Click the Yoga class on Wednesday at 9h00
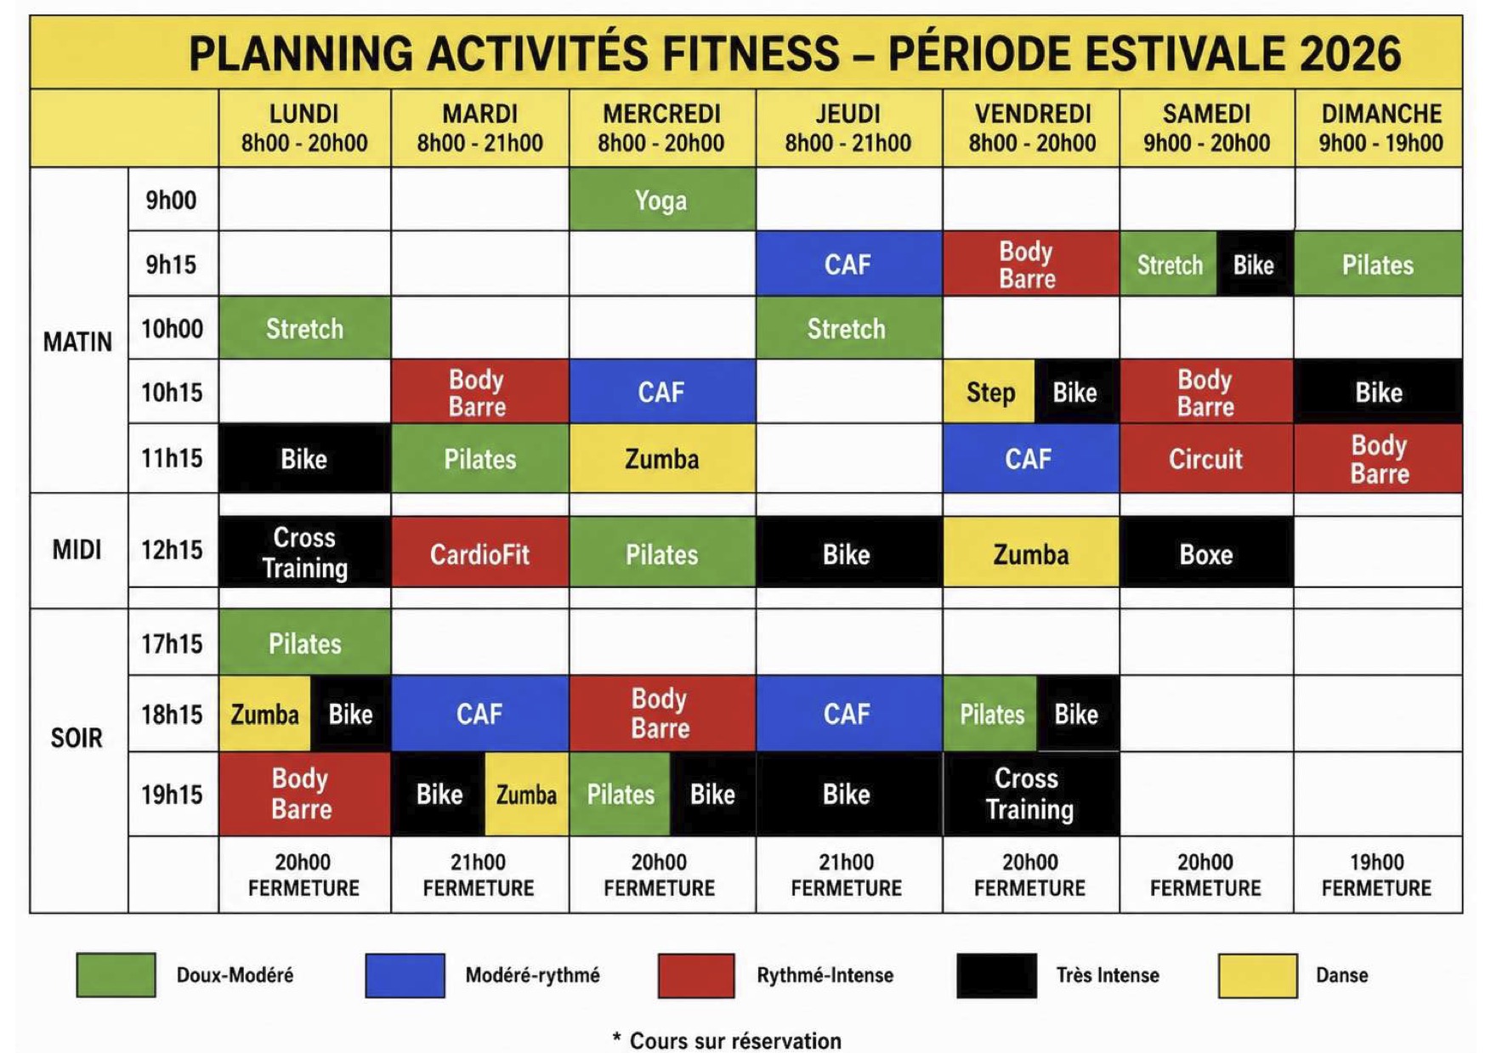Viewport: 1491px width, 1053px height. (x=662, y=200)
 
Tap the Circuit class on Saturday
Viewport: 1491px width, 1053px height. (x=1206, y=459)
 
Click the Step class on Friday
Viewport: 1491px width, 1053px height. (x=989, y=392)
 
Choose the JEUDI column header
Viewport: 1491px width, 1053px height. (x=848, y=127)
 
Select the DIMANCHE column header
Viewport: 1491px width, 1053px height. (x=1380, y=127)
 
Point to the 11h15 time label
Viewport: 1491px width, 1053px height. (x=172, y=458)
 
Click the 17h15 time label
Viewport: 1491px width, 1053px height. (x=172, y=643)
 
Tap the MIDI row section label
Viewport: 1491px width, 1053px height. (x=77, y=550)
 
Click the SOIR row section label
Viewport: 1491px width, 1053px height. (x=77, y=737)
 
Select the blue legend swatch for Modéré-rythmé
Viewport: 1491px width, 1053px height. (x=405, y=975)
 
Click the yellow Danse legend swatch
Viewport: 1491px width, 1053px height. (x=1257, y=975)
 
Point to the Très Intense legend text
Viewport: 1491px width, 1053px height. (x=1108, y=975)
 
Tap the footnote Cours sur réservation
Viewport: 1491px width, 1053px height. (x=735, y=1040)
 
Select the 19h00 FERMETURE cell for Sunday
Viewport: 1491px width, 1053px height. (x=1377, y=875)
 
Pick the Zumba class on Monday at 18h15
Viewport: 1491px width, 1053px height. (x=265, y=714)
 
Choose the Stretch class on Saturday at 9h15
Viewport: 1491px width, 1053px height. (x=1170, y=264)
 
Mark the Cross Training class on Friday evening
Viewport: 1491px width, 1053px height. (x=1030, y=794)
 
